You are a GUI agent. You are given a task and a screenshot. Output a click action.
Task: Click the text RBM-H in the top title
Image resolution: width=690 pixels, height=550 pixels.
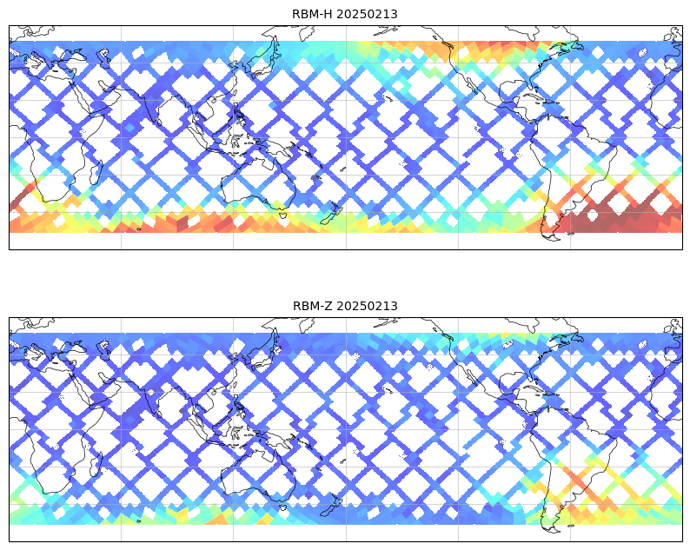click(x=313, y=14)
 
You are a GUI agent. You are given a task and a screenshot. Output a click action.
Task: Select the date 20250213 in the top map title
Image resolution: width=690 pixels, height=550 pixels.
click(x=367, y=14)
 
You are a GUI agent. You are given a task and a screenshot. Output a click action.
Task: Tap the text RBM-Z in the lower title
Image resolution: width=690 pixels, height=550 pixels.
click(x=313, y=306)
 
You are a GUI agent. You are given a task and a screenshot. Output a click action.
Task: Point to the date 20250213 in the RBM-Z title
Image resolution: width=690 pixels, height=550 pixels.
click(x=368, y=306)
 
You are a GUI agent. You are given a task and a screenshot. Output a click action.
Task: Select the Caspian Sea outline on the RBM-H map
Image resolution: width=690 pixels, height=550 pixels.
click(x=104, y=57)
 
